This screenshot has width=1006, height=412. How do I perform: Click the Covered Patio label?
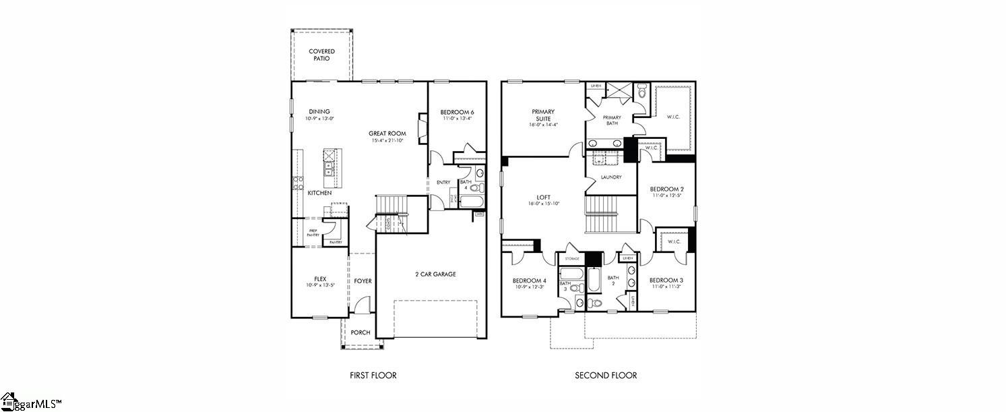point(321,55)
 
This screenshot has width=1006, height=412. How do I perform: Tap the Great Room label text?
point(387,134)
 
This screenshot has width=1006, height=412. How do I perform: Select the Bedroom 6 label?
point(457,112)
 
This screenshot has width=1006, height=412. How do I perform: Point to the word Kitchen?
point(319,193)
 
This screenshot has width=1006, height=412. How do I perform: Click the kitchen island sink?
point(329,167)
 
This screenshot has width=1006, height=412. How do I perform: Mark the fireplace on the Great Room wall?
point(422,127)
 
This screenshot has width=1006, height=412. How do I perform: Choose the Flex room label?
point(320,278)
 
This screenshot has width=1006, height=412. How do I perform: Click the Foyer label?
point(363,281)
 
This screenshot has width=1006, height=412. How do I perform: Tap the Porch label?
point(360,332)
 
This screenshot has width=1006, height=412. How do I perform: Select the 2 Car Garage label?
point(435,274)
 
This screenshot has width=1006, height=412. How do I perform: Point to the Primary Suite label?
point(543,115)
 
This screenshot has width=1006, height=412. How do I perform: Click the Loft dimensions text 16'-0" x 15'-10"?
point(543,204)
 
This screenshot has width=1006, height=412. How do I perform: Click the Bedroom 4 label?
point(529,281)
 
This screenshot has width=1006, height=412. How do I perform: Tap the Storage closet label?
point(572,258)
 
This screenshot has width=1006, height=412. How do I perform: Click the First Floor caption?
point(373,376)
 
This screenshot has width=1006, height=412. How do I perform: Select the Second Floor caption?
point(605,376)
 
